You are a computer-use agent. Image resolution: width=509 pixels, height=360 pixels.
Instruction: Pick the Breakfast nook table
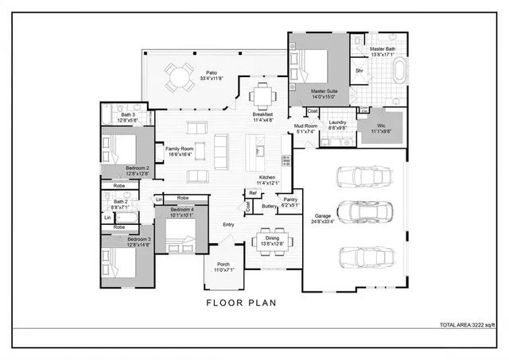(263, 96)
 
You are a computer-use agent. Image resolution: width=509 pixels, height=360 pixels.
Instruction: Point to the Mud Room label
(306, 126)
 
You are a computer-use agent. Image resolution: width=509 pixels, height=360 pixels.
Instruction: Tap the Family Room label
(180, 149)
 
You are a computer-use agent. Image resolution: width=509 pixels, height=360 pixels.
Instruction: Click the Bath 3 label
(128, 115)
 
